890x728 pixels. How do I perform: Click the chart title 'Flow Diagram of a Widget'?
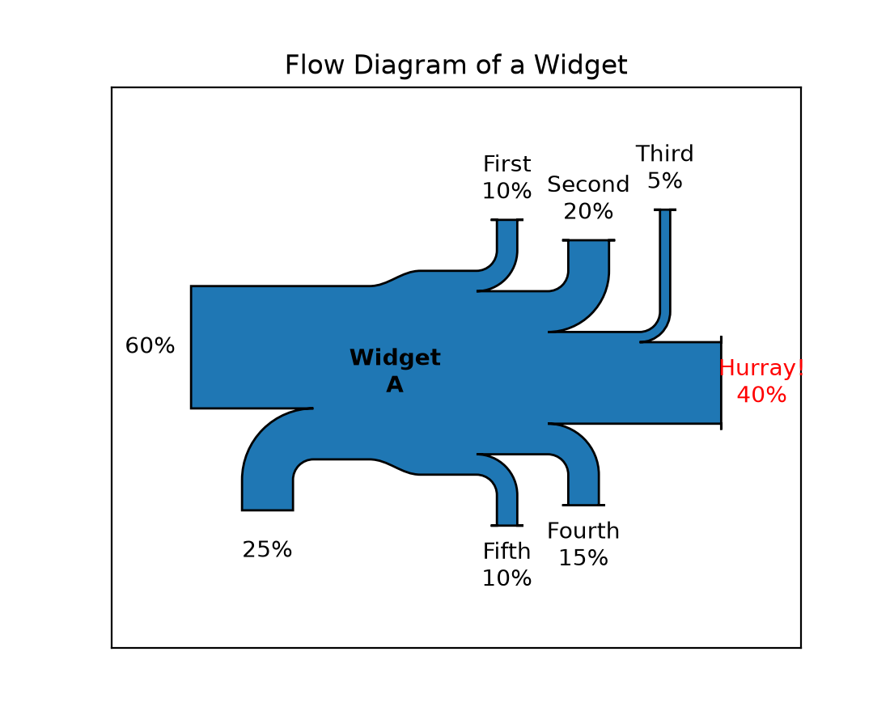tap(456, 65)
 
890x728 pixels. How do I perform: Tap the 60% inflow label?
tap(150, 345)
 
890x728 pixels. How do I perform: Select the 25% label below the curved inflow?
tap(267, 549)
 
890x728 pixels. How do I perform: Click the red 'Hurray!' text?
tap(761, 368)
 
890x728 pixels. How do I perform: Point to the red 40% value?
tap(761, 395)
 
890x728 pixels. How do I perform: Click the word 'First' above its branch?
tap(506, 164)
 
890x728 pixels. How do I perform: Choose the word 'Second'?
tap(588, 184)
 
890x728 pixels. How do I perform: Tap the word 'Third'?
tap(664, 153)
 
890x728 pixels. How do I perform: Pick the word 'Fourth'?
tap(583, 531)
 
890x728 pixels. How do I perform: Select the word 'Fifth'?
tap(506, 551)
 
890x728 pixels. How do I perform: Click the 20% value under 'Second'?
tap(588, 212)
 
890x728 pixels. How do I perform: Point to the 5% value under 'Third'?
tap(664, 181)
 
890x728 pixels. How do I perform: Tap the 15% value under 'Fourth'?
tap(583, 558)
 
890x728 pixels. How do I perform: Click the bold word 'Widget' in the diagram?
tap(395, 358)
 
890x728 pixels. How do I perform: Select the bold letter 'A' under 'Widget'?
tap(395, 385)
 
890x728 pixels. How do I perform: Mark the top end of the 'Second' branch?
tap(588, 240)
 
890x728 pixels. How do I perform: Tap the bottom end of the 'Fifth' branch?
tap(506, 526)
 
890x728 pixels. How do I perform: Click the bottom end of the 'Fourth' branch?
tap(583, 505)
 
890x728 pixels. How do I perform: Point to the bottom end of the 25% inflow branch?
tap(267, 510)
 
